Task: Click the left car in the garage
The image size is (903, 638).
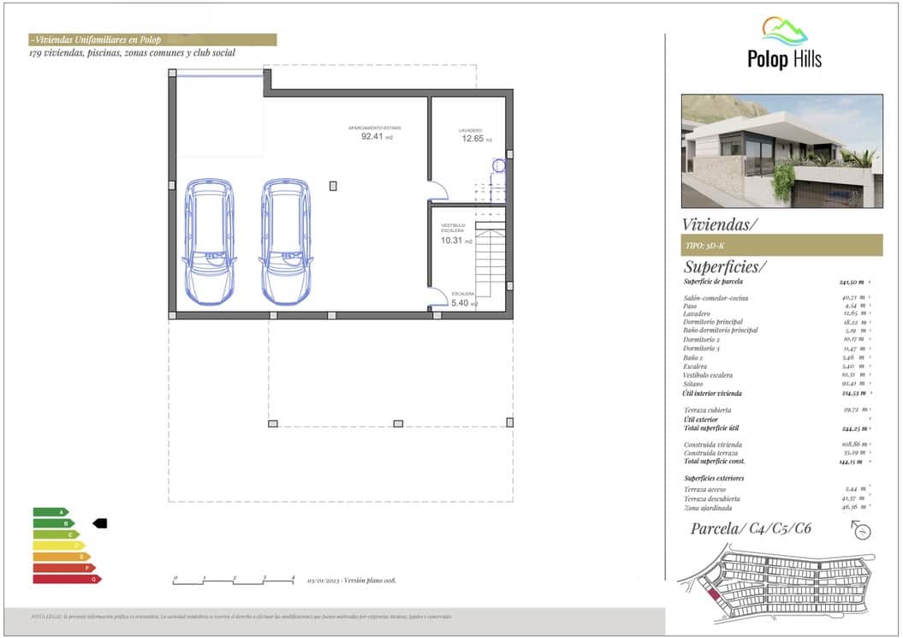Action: (209, 242)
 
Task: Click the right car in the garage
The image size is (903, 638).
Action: (286, 242)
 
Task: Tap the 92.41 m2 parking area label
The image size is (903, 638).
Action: (376, 136)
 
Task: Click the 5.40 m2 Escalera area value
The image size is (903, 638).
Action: (463, 303)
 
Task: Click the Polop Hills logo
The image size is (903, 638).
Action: (784, 44)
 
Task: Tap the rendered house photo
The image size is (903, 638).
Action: (781, 151)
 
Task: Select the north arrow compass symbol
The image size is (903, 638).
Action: (862, 531)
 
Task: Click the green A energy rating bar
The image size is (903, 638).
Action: (50, 512)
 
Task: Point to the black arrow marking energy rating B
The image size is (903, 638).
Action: (98, 523)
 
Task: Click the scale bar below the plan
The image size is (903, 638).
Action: (234, 581)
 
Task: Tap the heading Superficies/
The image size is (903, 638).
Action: (725, 266)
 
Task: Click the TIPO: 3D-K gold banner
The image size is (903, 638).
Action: (781, 245)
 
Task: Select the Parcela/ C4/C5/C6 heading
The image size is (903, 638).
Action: (751, 528)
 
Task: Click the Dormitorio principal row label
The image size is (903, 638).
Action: (719, 322)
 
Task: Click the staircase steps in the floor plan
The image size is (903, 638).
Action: (490, 262)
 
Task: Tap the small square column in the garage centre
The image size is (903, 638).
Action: (333, 186)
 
